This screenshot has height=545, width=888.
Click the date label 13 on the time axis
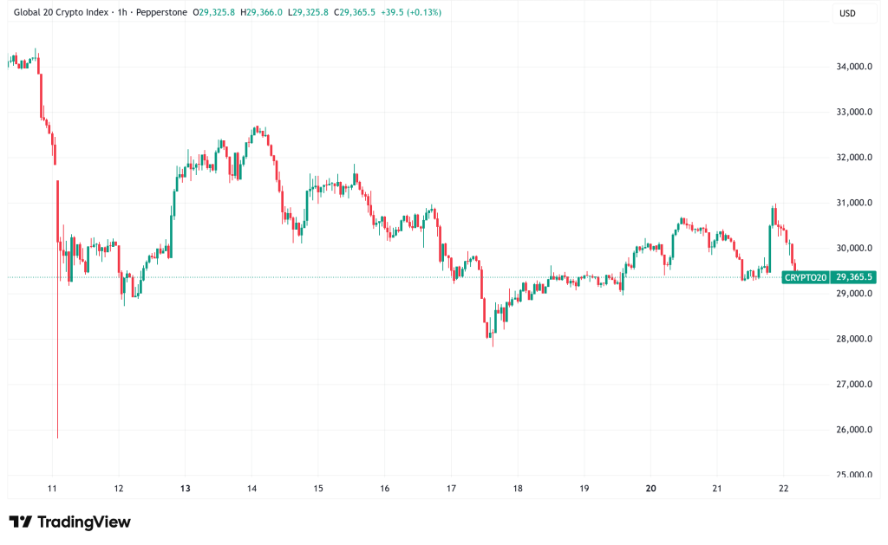point(185,488)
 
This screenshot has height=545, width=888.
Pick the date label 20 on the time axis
point(650,488)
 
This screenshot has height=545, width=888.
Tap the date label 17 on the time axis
point(451,488)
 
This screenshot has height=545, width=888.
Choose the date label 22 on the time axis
point(783,488)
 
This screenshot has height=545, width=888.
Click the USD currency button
point(846,13)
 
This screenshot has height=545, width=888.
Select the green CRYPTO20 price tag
point(805,277)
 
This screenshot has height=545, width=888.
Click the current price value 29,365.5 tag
point(853,277)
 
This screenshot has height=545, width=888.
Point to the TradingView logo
point(69,522)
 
